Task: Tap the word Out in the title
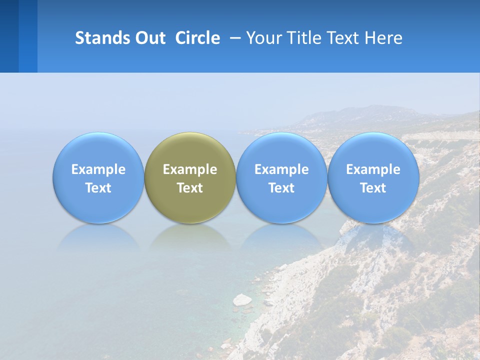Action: pyautogui.click(x=148, y=38)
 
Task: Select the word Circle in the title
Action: pyautogui.click(x=197, y=38)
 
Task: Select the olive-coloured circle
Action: pyautogui.click(x=190, y=150)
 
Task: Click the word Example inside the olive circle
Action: pyautogui.click(x=190, y=169)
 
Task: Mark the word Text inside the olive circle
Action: pyautogui.click(x=190, y=188)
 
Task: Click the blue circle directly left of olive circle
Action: pyautogui.click(x=98, y=150)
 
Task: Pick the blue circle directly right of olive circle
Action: pyautogui.click(x=281, y=150)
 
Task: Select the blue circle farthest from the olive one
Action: pyautogui.click(x=373, y=150)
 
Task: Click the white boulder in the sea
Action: pyautogui.click(x=242, y=299)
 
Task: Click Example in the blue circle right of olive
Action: pyautogui.click(x=281, y=169)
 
